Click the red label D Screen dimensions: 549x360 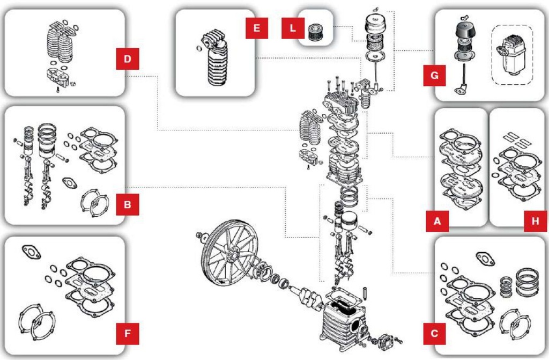tap(128, 59)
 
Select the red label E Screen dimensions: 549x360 tap(257, 28)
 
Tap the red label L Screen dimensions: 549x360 tap(293, 28)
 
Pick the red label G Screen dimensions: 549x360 tap(434, 75)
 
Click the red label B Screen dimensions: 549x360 tap(128, 204)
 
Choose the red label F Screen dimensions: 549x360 tap(128, 333)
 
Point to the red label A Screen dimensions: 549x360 tap(437, 221)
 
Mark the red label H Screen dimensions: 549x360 tap(536, 221)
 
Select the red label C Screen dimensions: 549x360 tap(434, 333)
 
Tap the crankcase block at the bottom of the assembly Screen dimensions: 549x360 tap(343, 319)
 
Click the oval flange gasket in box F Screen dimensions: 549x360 tap(32, 252)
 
